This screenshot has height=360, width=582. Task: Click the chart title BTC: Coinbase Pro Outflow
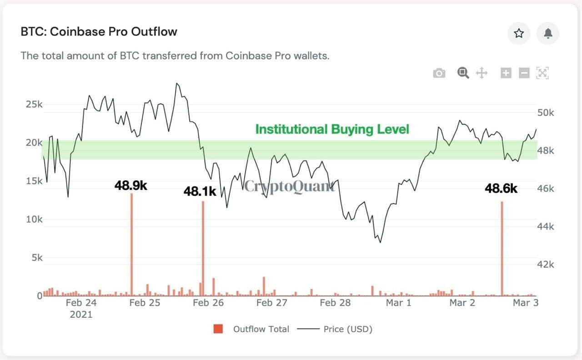[99, 32]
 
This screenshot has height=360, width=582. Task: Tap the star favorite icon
[519, 33]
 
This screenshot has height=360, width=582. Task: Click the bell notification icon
[548, 33]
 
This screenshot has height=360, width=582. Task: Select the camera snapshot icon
[439, 73]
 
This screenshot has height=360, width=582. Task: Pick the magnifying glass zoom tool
[463, 73]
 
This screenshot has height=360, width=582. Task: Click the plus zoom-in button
[506, 73]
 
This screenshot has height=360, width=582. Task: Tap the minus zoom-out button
[524, 73]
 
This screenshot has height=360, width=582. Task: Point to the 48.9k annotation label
[131, 186]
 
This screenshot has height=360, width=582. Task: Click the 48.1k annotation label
[200, 192]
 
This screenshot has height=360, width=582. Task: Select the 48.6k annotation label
[501, 189]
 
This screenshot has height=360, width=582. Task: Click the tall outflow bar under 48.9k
[131, 245]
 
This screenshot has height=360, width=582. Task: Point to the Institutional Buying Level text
[332, 130]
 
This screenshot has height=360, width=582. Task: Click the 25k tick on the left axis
[34, 105]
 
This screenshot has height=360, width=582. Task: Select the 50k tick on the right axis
[546, 113]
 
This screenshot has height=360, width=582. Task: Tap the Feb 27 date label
[271, 303]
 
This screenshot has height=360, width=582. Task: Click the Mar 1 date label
[398, 303]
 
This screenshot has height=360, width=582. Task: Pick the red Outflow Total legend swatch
[218, 329]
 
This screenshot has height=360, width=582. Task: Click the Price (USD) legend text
[348, 329]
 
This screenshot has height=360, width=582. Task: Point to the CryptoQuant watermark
[290, 186]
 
